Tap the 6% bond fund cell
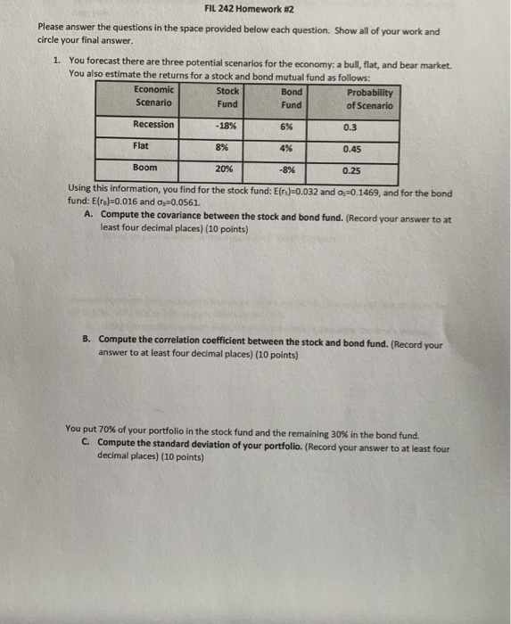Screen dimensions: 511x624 (286, 126)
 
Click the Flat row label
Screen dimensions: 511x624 (141, 145)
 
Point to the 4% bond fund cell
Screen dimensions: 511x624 (286, 147)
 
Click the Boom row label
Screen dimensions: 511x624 (144, 167)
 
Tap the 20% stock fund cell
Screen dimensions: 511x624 (224, 168)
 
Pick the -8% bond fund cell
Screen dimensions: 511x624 (286, 168)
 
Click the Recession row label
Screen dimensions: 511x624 (153, 125)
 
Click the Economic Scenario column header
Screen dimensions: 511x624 (154, 95)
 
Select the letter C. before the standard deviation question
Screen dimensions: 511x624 (85, 442)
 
